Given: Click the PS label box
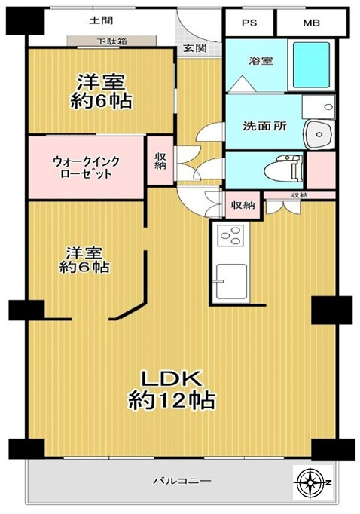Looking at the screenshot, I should coord(249,23).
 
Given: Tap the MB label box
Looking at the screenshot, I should coord(311,23).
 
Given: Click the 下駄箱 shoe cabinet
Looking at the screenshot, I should coord(111,41).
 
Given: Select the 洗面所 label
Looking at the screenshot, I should coord(263,126).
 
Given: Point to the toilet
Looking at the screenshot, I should coord(285,166).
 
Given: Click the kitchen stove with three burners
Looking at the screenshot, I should coord(230,237).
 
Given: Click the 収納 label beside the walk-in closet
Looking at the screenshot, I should coord(160,162).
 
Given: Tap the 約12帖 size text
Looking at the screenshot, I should coord(172,400).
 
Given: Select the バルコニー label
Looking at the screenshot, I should coord(181,480).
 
